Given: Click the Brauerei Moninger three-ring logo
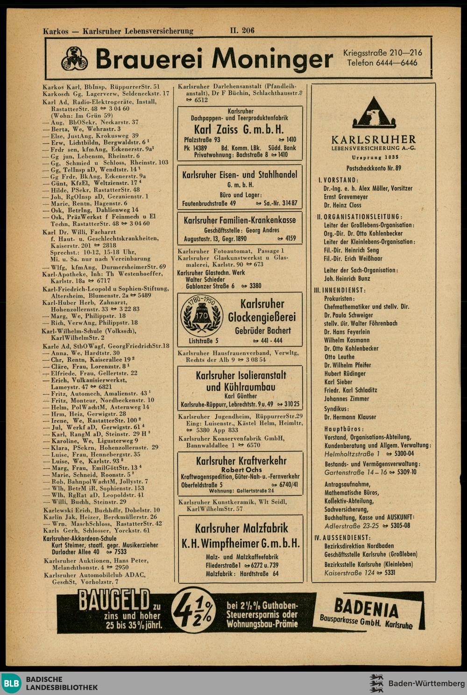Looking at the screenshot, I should pyautogui.click(x=75, y=59).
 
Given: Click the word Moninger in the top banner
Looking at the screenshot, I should pyautogui.click(x=272, y=59).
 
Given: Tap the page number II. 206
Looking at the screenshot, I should pyautogui.click(x=242, y=31).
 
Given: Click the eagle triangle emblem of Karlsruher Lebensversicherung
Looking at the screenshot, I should pyautogui.click(x=374, y=113).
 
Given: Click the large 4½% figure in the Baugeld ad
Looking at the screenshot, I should pyautogui.click(x=193, y=611).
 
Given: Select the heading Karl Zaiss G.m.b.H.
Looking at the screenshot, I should pyautogui.click(x=239, y=129).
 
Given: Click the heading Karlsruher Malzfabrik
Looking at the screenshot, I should pyautogui.click(x=241, y=529).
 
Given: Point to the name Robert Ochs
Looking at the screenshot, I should pyautogui.click(x=240, y=470).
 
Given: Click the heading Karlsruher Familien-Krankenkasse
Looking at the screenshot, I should pyautogui.click(x=240, y=220).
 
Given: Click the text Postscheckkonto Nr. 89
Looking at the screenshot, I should pyautogui.click(x=374, y=168).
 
